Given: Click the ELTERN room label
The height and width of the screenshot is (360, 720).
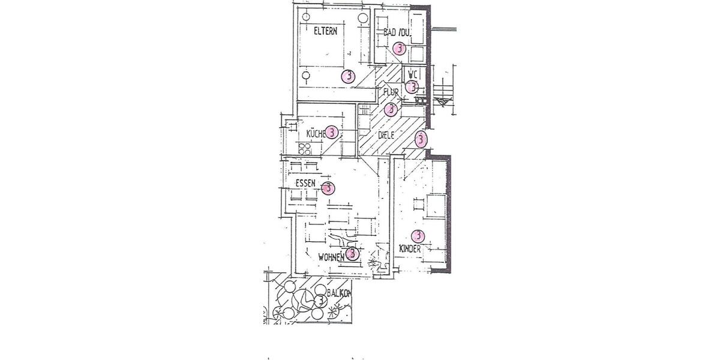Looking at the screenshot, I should point(325,31).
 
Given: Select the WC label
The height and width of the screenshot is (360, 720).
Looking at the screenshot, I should point(412,74).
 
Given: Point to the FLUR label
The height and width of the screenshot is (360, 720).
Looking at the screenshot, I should point(391,92).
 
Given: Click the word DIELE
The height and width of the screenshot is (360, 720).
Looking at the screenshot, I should point(386,136).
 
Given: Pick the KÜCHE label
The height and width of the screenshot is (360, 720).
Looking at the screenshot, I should point(316,133).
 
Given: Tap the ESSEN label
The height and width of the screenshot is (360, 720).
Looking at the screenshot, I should point(305,182).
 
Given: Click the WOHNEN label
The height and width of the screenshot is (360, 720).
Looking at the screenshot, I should point(331,257).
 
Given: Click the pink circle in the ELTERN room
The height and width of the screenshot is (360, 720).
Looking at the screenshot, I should point(347,76).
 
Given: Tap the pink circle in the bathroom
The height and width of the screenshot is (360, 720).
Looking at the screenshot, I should point(399,49).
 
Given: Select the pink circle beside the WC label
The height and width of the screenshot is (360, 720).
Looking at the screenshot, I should point(412,87).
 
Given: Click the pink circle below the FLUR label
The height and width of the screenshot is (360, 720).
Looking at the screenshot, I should point(391,109).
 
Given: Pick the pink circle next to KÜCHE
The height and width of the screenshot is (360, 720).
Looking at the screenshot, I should point(332,132).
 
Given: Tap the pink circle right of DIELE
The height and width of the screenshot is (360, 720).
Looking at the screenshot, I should point(421,139).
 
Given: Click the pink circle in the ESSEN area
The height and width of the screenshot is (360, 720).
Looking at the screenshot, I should point(328,188).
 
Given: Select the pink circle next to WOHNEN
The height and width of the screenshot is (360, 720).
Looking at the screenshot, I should point(353,254).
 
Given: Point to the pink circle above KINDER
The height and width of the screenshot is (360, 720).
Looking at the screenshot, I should point(417,236).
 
